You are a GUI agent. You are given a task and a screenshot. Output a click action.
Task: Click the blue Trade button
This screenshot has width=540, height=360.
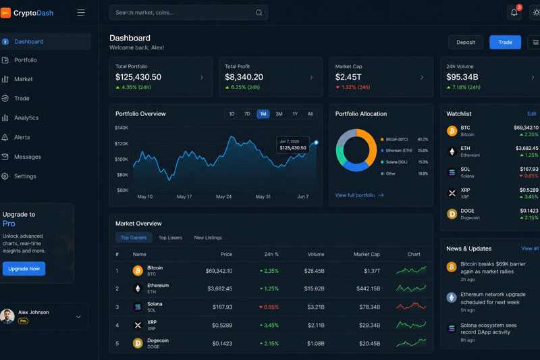point(505,43)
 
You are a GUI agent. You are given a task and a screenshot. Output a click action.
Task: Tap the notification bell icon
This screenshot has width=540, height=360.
point(514,13)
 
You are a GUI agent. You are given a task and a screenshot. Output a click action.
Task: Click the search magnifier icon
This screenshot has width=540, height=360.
point(259,13)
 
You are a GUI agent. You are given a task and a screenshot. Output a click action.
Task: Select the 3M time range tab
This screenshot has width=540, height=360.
point(279,114)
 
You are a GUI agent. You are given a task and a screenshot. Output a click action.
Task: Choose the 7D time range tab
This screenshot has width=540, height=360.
point(247,114)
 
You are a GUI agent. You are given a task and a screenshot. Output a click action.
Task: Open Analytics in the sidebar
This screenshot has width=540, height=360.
point(26,118)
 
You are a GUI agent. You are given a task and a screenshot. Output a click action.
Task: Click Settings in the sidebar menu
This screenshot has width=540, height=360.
point(25,176)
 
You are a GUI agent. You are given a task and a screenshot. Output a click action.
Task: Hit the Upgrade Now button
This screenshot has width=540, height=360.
point(24,269)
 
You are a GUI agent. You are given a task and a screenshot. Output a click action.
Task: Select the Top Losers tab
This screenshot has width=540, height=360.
point(170,238)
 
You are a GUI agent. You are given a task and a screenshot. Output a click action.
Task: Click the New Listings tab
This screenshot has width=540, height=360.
point(208,238)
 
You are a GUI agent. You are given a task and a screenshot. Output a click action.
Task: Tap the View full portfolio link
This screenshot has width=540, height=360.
point(359,195)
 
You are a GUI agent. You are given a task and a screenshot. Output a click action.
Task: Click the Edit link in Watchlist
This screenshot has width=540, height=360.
point(532,113)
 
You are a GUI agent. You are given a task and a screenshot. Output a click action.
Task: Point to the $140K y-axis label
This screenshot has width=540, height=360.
point(122,128)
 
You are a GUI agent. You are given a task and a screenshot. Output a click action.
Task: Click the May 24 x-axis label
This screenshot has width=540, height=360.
point(224,197)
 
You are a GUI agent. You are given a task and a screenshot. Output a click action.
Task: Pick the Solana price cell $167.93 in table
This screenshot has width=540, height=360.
point(222,307)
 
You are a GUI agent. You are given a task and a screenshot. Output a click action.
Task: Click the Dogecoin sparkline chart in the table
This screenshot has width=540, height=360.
point(411,342)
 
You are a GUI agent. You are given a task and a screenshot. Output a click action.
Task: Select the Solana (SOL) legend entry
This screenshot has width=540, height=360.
point(396,162)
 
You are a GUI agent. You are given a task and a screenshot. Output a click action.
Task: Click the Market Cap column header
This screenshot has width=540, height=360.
point(367,254)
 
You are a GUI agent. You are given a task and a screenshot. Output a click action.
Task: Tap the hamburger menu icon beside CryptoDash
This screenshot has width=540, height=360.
point(81,13)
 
